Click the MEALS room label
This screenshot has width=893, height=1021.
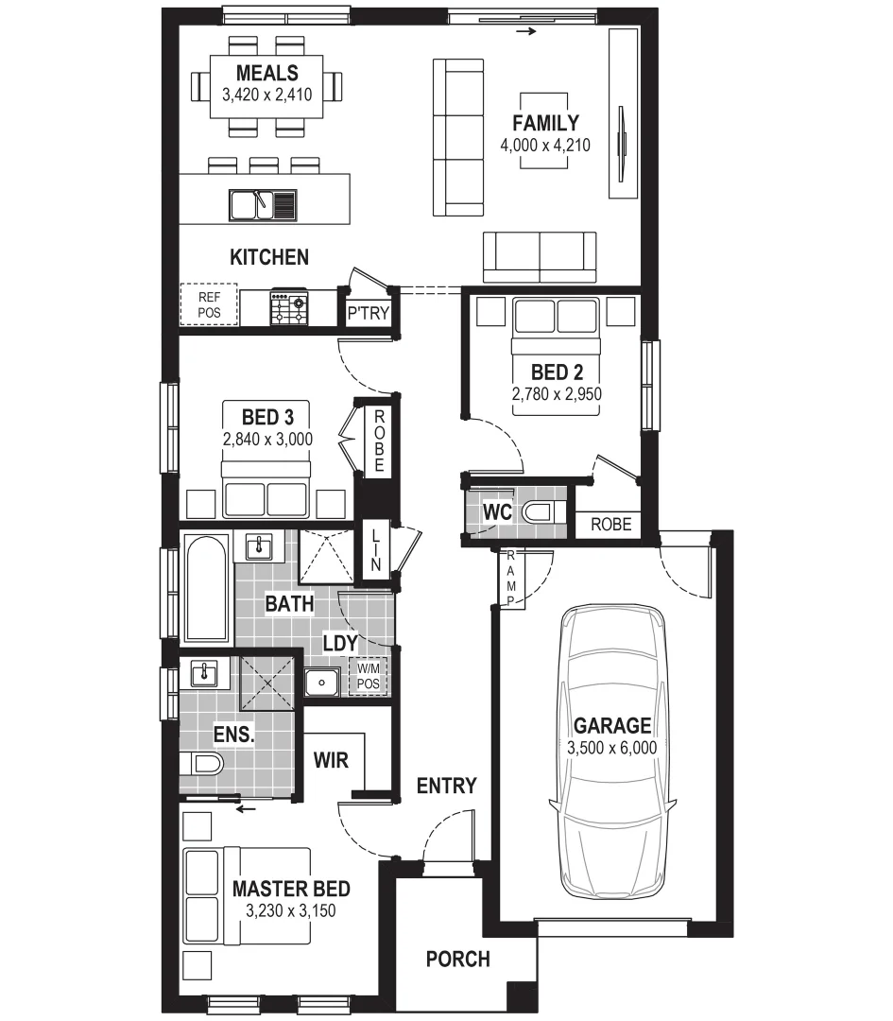pos(266,73)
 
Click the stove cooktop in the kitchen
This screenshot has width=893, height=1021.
pos(290,307)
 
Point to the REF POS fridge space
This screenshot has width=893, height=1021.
pos(208,304)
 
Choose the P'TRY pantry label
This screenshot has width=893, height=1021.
pos(368,313)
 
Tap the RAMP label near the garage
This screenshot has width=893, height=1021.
pos(511,578)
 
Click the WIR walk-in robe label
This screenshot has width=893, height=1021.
pos(333,758)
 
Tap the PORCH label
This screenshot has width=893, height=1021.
pos(457,960)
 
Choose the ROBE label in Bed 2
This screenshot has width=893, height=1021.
pos(610,524)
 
